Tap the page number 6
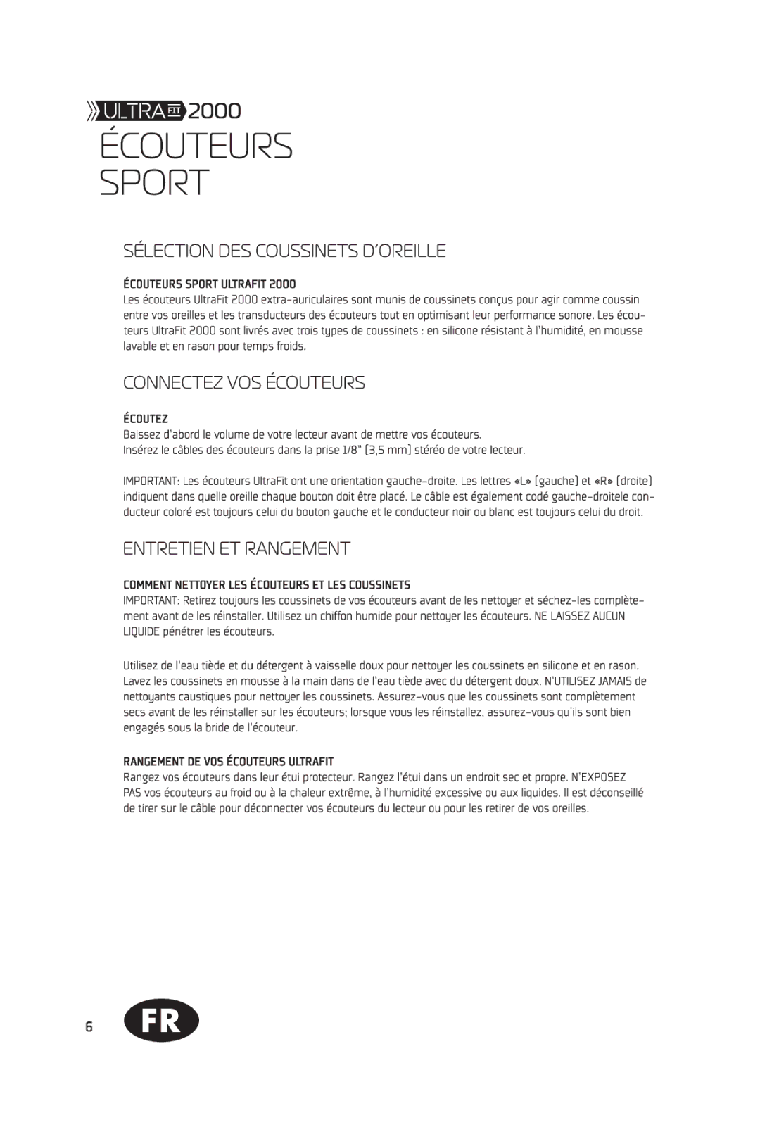tap(89, 1026)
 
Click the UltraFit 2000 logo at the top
tap(163, 111)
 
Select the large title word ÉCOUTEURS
tap(196, 146)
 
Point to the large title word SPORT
tap(154, 182)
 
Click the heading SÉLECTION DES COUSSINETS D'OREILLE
tap(284, 251)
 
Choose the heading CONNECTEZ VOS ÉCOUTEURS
tap(243, 383)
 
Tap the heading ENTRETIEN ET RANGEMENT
tap(236, 549)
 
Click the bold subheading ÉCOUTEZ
tap(146, 419)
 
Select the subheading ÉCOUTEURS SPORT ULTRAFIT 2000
tap(210, 284)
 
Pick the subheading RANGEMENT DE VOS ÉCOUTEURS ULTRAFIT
tap(228, 762)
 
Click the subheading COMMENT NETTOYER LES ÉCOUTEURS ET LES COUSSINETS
tap(267, 585)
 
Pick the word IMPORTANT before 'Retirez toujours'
tap(150, 600)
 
